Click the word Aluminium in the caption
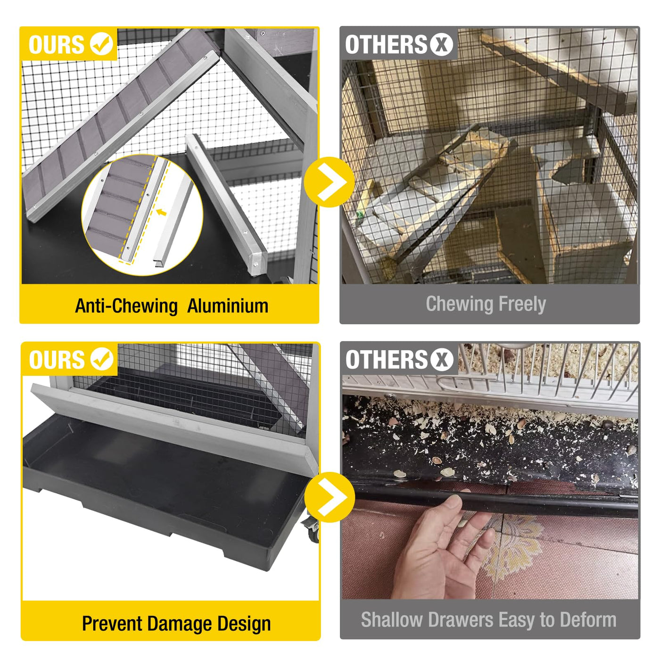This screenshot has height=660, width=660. [228, 306]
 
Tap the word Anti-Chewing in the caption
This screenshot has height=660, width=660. [126, 306]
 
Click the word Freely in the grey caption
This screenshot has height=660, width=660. [522, 304]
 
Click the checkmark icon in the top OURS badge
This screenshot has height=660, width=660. [101, 44]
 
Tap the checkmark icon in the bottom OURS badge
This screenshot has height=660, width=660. [102, 359]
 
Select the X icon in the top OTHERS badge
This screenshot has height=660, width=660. [441, 44]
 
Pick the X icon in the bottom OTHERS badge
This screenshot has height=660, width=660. [442, 360]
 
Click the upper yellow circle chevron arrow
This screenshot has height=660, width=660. [329, 182]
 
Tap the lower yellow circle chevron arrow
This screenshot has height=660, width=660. [330, 497]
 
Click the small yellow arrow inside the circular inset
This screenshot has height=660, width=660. [161, 212]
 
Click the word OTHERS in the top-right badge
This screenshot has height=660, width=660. [386, 44]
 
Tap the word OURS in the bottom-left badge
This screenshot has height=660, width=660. [57, 360]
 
